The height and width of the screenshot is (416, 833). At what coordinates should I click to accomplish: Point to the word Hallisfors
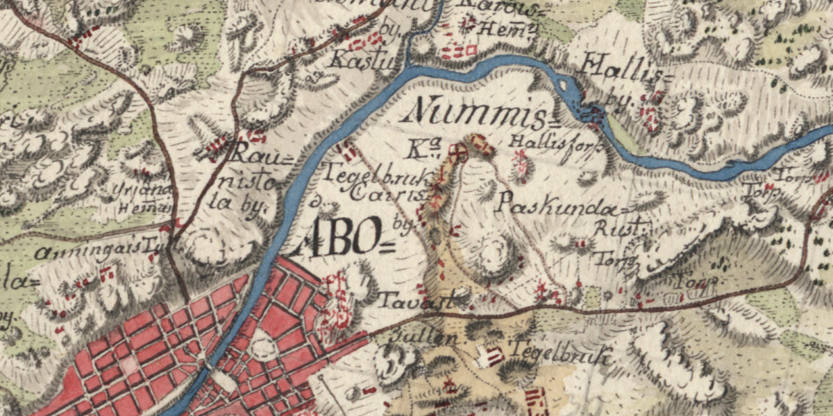click(539, 142)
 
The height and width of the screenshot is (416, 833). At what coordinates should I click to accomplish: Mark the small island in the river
click(563, 86)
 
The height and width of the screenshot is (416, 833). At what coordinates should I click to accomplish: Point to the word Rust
click(621, 227)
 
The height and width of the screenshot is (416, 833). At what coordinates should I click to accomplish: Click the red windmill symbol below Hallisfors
click(519, 164)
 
